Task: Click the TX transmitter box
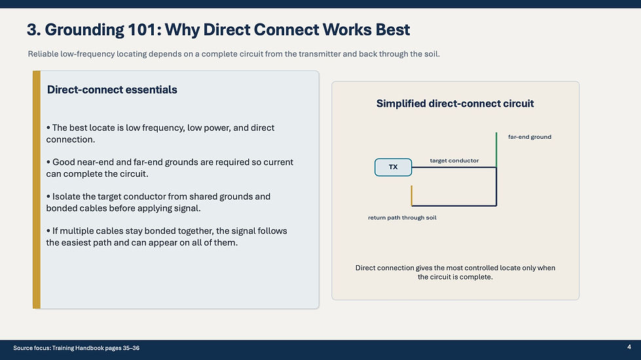click(394, 167)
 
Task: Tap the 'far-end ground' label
click(530, 137)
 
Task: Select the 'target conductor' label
click(454, 160)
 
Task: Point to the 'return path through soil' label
click(402, 218)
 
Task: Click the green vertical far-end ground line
click(496, 149)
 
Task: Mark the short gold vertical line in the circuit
click(411, 195)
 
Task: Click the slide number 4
click(629, 347)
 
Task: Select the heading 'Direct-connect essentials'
click(112, 90)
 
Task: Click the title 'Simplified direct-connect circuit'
click(455, 104)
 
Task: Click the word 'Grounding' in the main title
click(84, 30)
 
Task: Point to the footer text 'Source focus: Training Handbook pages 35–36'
click(76, 348)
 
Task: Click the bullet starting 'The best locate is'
click(160, 134)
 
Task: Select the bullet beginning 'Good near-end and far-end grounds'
click(170, 168)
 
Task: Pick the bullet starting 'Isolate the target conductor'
click(158, 202)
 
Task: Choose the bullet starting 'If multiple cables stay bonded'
click(166, 236)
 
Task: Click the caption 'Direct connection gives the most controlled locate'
click(455, 272)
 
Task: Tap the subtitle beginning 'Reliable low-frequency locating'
click(234, 54)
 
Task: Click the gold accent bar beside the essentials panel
click(37, 190)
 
